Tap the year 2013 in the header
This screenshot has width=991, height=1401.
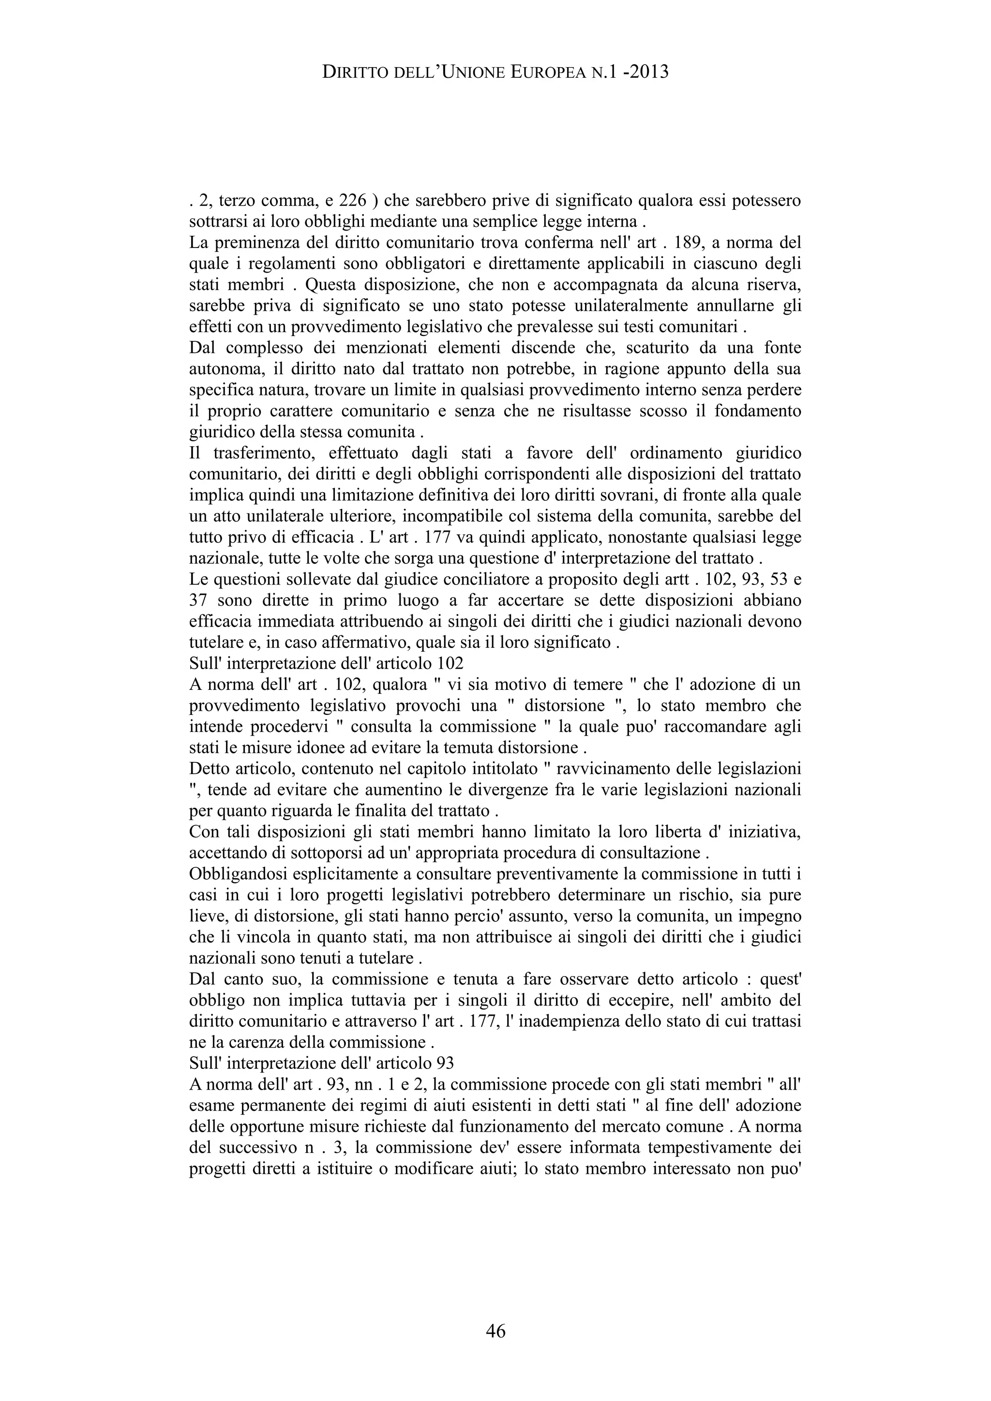click(647, 73)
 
